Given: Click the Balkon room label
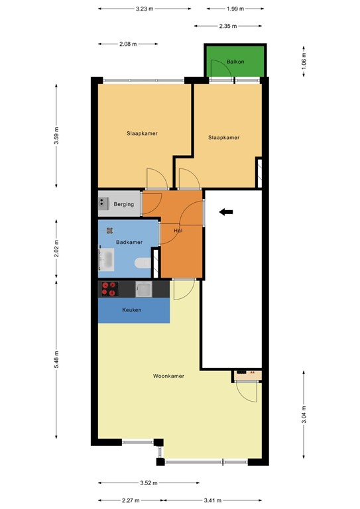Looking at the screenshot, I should point(235,61).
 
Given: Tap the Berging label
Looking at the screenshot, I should point(124,204).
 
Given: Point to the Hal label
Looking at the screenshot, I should point(178,231).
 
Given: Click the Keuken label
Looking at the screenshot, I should point(131,310).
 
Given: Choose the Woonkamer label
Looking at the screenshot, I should point(168,376).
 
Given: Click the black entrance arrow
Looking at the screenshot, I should point(227,212).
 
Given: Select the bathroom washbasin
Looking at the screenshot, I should point(106,260).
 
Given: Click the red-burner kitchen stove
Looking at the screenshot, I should point(108,289).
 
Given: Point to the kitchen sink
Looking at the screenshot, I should point(143,288).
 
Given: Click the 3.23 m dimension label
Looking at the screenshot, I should point(145,9).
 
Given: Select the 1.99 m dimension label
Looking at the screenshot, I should point(235,9).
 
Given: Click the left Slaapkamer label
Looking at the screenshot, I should point(142,133).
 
